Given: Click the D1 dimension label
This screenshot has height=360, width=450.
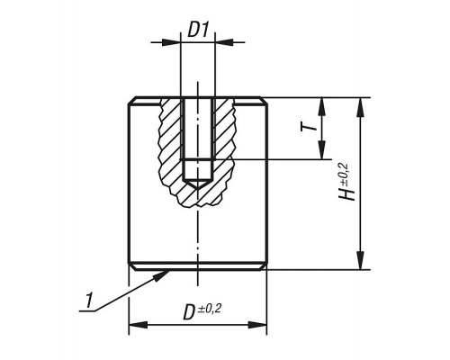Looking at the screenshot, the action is (x=198, y=30).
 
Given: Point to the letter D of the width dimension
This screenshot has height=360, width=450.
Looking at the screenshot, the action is (x=189, y=313).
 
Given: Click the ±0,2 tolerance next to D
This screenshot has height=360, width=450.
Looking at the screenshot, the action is (x=210, y=309).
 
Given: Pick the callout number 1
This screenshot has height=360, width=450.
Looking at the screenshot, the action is (x=88, y=301).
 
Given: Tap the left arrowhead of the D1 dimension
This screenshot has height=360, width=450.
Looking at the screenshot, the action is (x=172, y=42).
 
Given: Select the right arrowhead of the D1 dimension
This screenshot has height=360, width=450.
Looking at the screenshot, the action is (x=225, y=42).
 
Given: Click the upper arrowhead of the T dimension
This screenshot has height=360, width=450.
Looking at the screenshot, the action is (x=321, y=107).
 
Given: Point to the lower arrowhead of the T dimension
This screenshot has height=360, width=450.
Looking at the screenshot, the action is (x=321, y=150).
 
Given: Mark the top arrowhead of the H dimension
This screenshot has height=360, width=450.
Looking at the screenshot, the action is (x=361, y=107).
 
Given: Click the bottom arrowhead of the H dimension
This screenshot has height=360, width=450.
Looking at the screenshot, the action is (x=361, y=260).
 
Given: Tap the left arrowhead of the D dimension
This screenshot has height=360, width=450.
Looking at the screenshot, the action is (x=139, y=325).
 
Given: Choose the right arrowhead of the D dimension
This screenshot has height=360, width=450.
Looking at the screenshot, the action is (x=257, y=325).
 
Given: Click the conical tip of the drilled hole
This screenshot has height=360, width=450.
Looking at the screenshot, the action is (x=197, y=189).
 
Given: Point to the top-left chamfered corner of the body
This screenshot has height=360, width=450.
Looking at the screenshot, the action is (x=131, y=101).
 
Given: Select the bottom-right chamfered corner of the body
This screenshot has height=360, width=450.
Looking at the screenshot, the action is (x=264, y=267).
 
